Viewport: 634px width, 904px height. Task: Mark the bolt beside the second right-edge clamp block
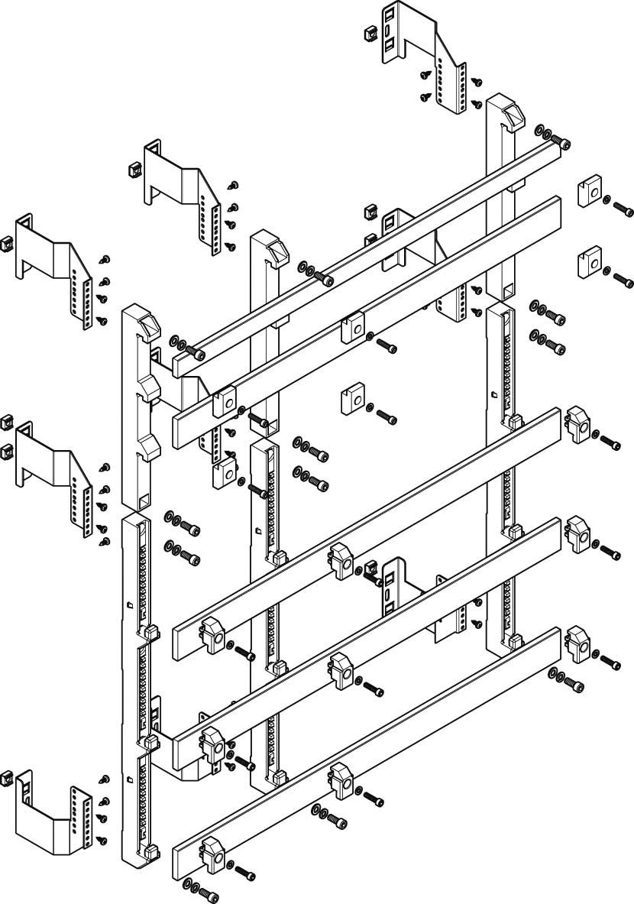[623, 280]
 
